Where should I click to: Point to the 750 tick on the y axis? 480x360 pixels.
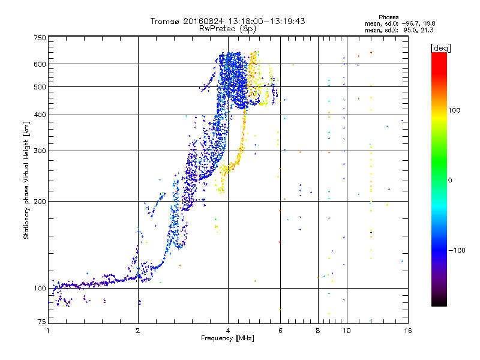pos(40,38)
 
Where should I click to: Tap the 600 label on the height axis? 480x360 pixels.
pos(40,64)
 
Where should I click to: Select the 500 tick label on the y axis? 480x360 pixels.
pos(40,86)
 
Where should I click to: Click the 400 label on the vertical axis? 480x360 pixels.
pos(40,115)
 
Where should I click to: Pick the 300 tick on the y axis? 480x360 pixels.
pos(40,151)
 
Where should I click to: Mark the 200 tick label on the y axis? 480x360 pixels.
pos(40,201)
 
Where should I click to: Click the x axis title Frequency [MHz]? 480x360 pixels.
pos(227,338)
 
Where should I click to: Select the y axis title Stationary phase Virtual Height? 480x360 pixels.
pos(26,180)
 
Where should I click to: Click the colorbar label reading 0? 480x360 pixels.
pos(451,180)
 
